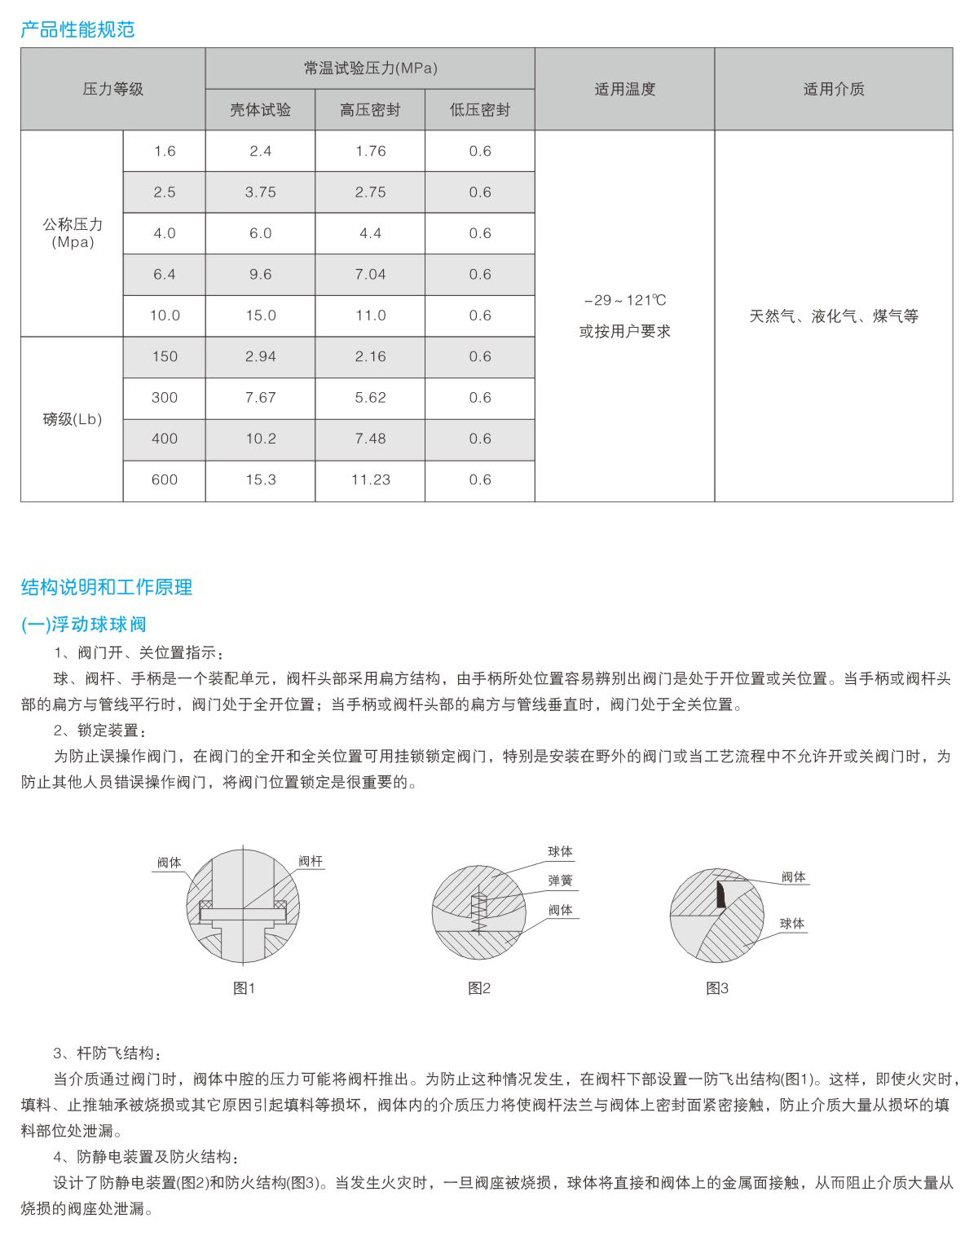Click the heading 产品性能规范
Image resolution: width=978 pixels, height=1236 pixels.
77,30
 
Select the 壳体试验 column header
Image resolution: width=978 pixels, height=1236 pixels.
260,110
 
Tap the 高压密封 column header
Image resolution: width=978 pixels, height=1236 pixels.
370,110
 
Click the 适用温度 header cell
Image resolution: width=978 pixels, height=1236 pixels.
624,89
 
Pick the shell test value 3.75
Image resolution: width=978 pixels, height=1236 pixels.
260,192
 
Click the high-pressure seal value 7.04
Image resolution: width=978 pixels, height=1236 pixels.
370,275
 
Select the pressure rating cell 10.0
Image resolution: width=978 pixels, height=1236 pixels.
165,316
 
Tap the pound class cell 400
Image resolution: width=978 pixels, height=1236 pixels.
165,439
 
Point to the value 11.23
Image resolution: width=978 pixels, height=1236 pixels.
370,480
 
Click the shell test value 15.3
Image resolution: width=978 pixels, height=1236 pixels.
260,480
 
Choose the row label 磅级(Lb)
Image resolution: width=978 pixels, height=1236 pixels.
72,419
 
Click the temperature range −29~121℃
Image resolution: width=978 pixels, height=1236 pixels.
625,300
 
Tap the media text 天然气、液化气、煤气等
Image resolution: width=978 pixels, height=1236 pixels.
834,316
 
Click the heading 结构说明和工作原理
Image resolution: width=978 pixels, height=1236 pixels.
107,587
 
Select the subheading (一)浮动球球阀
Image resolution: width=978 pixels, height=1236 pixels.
83,625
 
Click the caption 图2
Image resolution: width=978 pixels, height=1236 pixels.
479,988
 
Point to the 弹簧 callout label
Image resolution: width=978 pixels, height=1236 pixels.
560,881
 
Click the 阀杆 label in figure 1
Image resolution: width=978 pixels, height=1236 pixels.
310,861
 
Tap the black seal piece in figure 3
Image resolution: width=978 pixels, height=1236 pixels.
720,894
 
